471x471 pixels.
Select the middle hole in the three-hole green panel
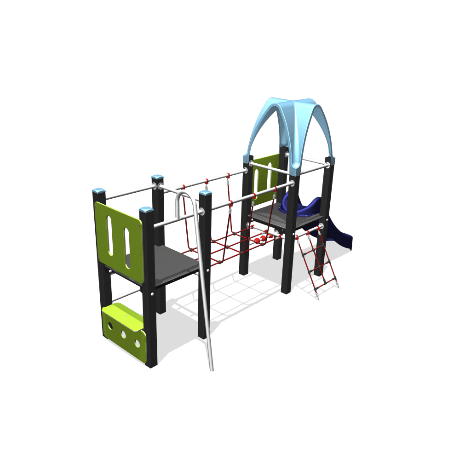point(124,334)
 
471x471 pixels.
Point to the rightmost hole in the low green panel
point(137,343)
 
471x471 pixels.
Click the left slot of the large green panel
point(110,235)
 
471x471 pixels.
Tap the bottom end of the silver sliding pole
point(211,369)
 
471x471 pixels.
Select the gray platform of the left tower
point(175,264)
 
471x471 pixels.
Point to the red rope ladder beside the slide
point(317,262)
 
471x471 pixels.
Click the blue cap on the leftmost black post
point(98,190)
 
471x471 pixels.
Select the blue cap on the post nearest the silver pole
point(205,193)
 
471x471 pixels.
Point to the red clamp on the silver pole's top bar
point(183,187)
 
